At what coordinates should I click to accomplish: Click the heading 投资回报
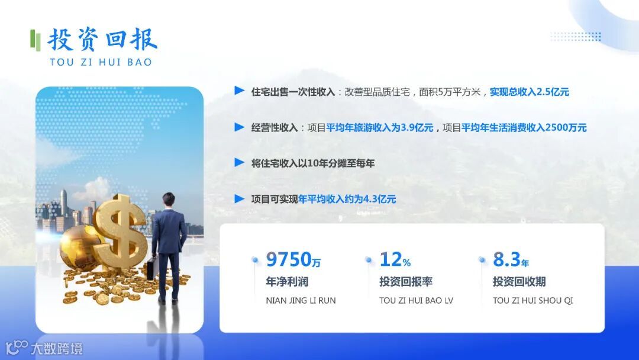tap(102, 40)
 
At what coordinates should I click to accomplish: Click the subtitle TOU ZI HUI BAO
tap(101, 62)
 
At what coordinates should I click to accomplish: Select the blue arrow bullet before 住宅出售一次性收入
tap(239, 91)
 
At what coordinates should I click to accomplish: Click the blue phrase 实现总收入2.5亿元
tap(530, 92)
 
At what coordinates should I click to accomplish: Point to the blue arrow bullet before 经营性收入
tap(239, 127)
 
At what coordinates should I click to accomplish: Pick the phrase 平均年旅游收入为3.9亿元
tap(380, 127)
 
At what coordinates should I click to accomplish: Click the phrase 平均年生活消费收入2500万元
tap(524, 127)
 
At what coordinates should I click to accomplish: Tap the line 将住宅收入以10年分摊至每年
tap(313, 163)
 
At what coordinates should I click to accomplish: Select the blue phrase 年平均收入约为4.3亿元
tap(347, 199)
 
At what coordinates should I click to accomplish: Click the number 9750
tap(289, 259)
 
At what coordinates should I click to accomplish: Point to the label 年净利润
tap(287, 282)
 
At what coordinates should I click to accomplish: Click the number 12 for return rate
tap(390, 259)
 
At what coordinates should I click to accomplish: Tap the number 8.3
tap(506, 259)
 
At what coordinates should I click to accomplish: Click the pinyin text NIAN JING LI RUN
tap(301, 301)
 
